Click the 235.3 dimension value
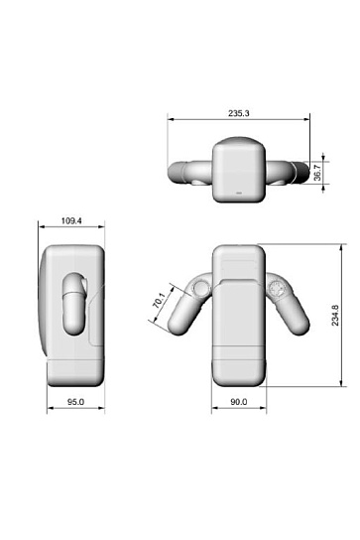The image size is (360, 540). coord(238,113)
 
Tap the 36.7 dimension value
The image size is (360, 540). coord(317,173)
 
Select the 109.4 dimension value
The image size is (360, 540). coord(71,220)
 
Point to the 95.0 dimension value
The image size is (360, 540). coord(75,402)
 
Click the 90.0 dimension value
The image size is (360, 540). coord(238,402)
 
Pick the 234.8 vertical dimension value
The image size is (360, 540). coord(335,315)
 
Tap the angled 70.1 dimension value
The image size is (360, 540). coord(160,300)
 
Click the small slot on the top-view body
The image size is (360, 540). coord(239,193)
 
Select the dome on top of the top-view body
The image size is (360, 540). coord(238,141)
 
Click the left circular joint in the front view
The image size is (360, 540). coord(200,288)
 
